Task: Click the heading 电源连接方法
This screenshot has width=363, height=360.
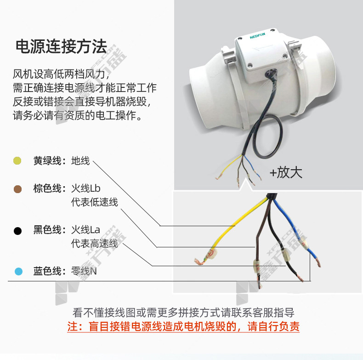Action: tap(61, 46)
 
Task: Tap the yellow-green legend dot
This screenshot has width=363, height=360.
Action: tap(17, 160)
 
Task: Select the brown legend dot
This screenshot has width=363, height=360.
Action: tap(17, 189)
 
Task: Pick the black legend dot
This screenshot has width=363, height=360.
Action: tap(17, 231)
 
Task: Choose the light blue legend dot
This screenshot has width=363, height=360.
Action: tap(18, 271)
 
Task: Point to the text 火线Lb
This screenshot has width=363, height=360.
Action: tap(85, 189)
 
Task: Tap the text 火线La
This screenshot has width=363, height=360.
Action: tap(85, 230)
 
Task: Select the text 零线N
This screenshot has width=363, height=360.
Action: tap(84, 271)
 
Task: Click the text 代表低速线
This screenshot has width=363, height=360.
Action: tap(95, 202)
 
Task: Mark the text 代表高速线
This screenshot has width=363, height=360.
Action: tap(95, 244)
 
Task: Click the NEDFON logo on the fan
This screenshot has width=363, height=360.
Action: tap(257, 36)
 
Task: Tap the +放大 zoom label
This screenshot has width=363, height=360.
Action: tap(286, 172)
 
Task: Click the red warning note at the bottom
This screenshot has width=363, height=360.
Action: tap(183, 326)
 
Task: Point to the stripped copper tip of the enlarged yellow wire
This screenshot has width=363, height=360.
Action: tap(199, 262)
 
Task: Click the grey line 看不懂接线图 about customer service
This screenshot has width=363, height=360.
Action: tap(183, 313)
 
